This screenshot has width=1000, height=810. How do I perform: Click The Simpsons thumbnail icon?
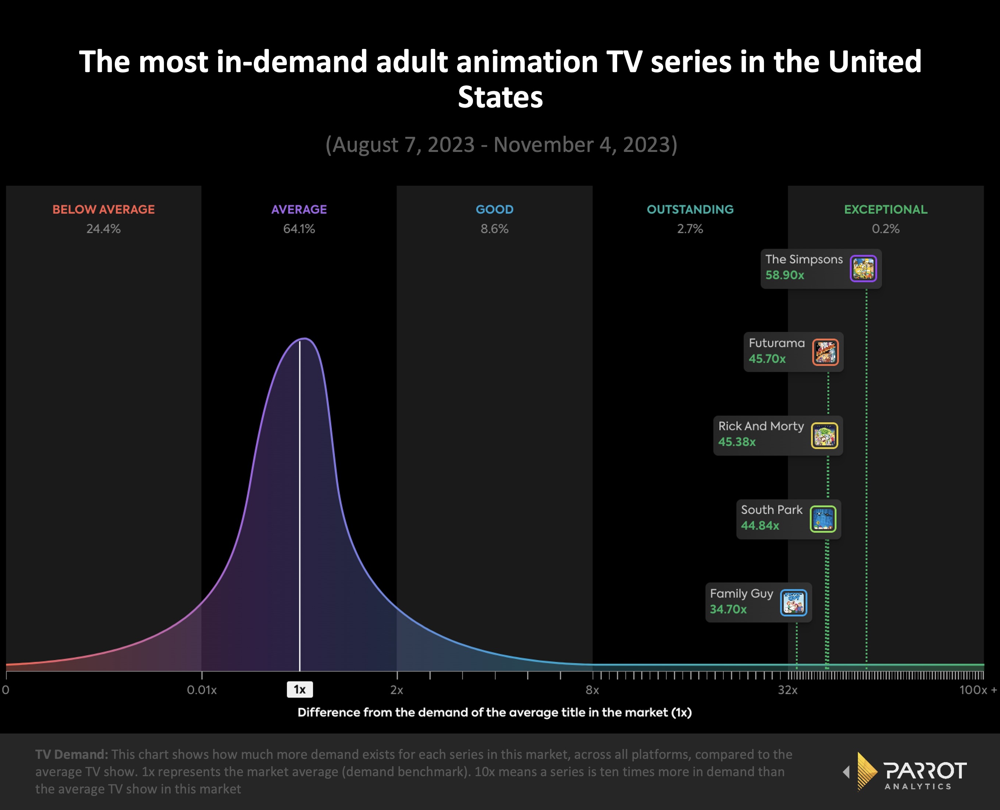point(863,269)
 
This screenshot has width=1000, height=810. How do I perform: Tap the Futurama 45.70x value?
point(767,359)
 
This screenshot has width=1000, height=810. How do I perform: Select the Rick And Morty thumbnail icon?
point(824,436)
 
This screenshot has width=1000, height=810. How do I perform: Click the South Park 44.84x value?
point(760,525)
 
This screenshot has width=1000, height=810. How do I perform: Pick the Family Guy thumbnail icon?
point(793,603)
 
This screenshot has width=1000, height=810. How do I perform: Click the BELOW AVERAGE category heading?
point(104,210)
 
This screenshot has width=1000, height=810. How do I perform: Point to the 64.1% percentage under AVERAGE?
point(299,229)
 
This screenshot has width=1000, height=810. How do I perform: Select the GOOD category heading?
point(494,210)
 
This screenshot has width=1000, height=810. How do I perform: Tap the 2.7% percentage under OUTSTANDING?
point(690,229)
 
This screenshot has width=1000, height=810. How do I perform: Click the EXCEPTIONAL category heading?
point(885,210)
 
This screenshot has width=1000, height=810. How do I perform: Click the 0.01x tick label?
point(202,690)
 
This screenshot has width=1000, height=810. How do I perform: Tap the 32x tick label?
point(787,690)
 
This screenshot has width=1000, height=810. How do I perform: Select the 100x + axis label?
point(977,690)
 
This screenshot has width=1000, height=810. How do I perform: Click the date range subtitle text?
point(501,145)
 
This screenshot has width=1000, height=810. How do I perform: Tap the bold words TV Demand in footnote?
point(71,754)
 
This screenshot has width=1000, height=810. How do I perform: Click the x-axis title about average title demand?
point(494,713)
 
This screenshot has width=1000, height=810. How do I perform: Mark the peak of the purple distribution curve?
point(304,338)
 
